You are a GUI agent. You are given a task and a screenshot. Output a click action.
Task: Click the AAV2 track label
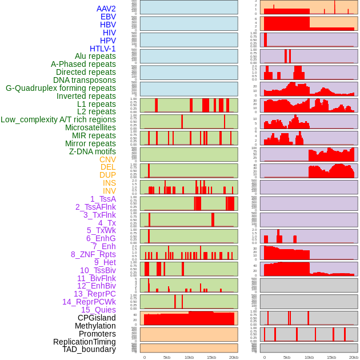pyautogui.click(x=106, y=9)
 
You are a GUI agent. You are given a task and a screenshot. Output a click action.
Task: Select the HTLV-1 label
pyautogui.click(x=102, y=49)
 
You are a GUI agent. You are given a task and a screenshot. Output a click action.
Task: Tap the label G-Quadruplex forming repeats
pyautogui.click(x=61, y=88)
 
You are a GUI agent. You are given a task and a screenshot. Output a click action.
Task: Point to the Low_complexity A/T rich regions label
pyautogui.click(x=58, y=119)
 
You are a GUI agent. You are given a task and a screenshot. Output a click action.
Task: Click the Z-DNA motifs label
pyautogui.click(x=92, y=151)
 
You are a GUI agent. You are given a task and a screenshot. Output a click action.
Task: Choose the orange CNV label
pyautogui.click(x=107, y=159)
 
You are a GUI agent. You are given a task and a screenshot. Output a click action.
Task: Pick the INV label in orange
pyautogui.click(x=109, y=191)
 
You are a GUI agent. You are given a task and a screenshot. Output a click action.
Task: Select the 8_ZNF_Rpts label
pyautogui.click(x=93, y=254)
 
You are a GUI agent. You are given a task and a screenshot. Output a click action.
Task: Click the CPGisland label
pyautogui.click(x=97, y=318)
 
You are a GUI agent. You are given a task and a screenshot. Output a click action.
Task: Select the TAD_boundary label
pyautogui.click(x=89, y=349)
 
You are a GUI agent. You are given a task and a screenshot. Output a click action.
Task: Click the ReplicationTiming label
pyautogui.click(x=84, y=342)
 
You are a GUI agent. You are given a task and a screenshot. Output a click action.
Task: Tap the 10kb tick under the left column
pyautogui.click(x=189, y=357)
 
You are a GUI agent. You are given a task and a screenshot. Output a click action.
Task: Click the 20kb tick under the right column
pyautogui.click(x=354, y=357)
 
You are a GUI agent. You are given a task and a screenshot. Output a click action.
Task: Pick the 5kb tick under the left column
pyautogui.click(x=167, y=357)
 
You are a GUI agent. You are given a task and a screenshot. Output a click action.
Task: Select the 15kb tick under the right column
pyautogui.click(x=331, y=357)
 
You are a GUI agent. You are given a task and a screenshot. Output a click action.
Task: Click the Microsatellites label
pyautogui.click(x=90, y=127)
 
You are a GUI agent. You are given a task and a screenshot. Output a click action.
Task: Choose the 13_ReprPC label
pyautogui.click(x=94, y=294)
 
